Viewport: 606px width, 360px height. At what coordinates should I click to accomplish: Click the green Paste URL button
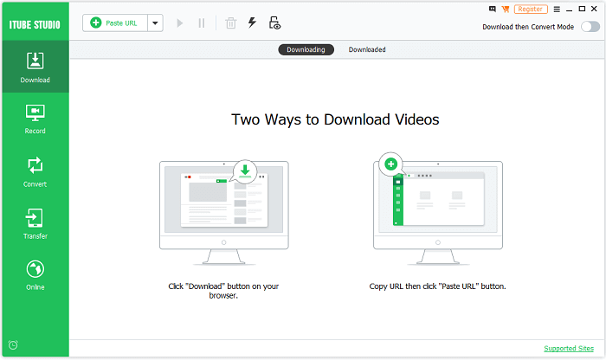tap(114, 23)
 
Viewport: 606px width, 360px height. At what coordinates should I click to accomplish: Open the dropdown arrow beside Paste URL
tap(155, 23)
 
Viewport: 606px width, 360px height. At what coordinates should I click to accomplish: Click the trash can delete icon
tap(230, 23)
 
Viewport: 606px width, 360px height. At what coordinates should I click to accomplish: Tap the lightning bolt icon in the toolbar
tap(252, 23)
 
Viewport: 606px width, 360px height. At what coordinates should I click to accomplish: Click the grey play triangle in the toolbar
tap(180, 23)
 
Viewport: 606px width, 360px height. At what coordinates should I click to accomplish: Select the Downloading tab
tap(306, 49)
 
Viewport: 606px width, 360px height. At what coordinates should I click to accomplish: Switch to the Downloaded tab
tap(367, 49)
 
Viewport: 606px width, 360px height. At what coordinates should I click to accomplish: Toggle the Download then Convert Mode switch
tap(591, 27)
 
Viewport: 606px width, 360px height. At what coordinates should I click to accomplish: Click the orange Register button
tap(530, 9)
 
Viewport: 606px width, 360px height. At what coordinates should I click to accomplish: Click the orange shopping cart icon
tap(506, 9)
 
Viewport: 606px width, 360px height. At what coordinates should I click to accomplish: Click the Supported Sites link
tap(570, 349)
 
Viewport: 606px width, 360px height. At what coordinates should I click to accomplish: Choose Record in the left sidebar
tap(35, 119)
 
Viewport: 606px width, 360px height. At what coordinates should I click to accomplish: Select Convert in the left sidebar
tap(35, 171)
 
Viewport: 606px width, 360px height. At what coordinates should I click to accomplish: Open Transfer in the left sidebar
tap(35, 223)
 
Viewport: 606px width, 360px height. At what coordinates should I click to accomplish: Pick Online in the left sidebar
tap(35, 275)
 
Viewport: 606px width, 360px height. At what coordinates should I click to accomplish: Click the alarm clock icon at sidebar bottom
tap(13, 345)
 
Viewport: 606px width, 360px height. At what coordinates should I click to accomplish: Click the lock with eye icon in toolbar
tap(274, 23)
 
